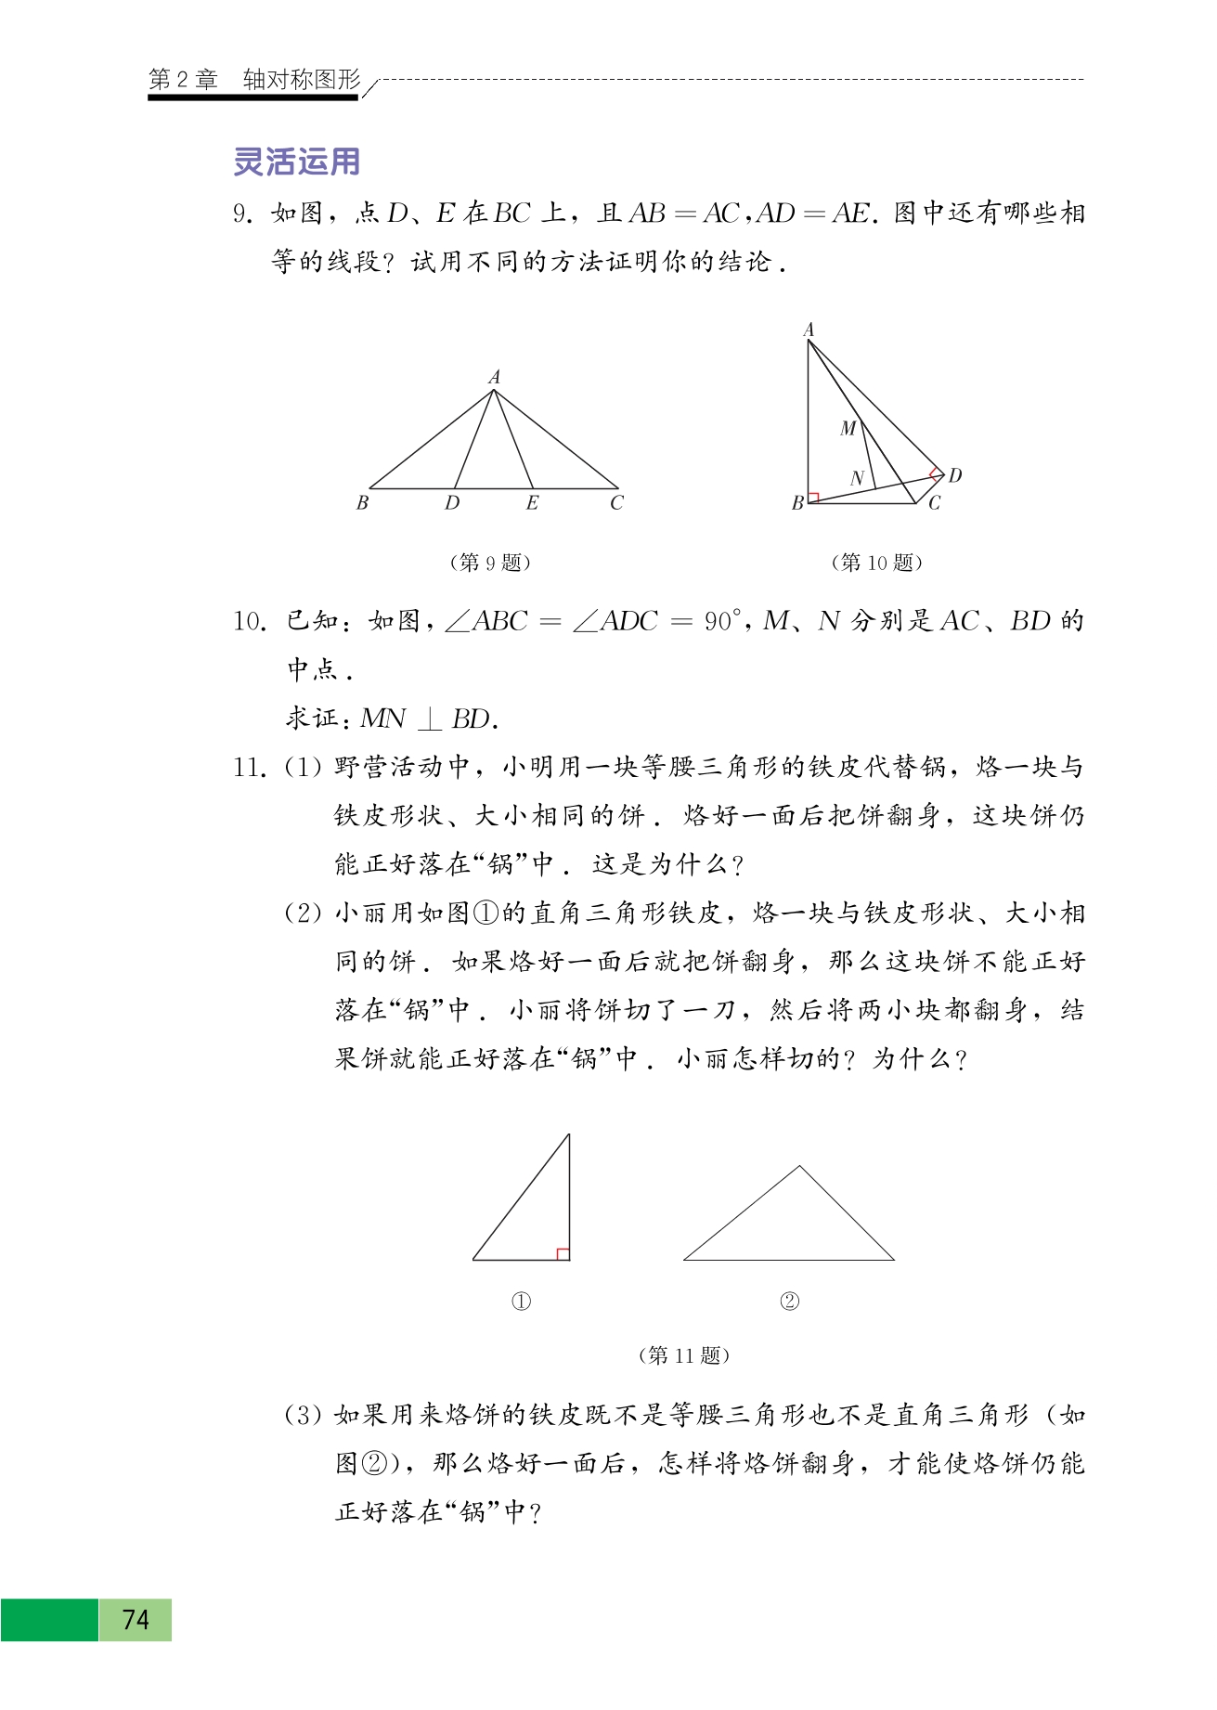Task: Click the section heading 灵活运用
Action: point(296,162)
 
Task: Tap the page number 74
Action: point(136,1619)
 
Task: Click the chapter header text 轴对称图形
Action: point(302,80)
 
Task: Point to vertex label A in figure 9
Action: point(494,377)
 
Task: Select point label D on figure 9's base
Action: point(452,503)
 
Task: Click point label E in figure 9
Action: point(532,503)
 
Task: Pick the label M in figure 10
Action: point(848,428)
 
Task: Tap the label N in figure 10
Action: point(857,478)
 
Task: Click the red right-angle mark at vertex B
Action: point(814,498)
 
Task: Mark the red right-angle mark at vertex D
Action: point(937,473)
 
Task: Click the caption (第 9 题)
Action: point(490,563)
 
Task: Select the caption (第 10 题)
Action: point(876,563)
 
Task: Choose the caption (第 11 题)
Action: point(684,1355)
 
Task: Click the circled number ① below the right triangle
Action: point(522,1302)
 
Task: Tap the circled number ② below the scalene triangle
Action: point(789,1302)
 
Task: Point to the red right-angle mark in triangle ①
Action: point(563,1254)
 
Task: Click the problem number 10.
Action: point(250,621)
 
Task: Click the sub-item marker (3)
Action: point(303,1415)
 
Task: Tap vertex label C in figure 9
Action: point(617,503)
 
